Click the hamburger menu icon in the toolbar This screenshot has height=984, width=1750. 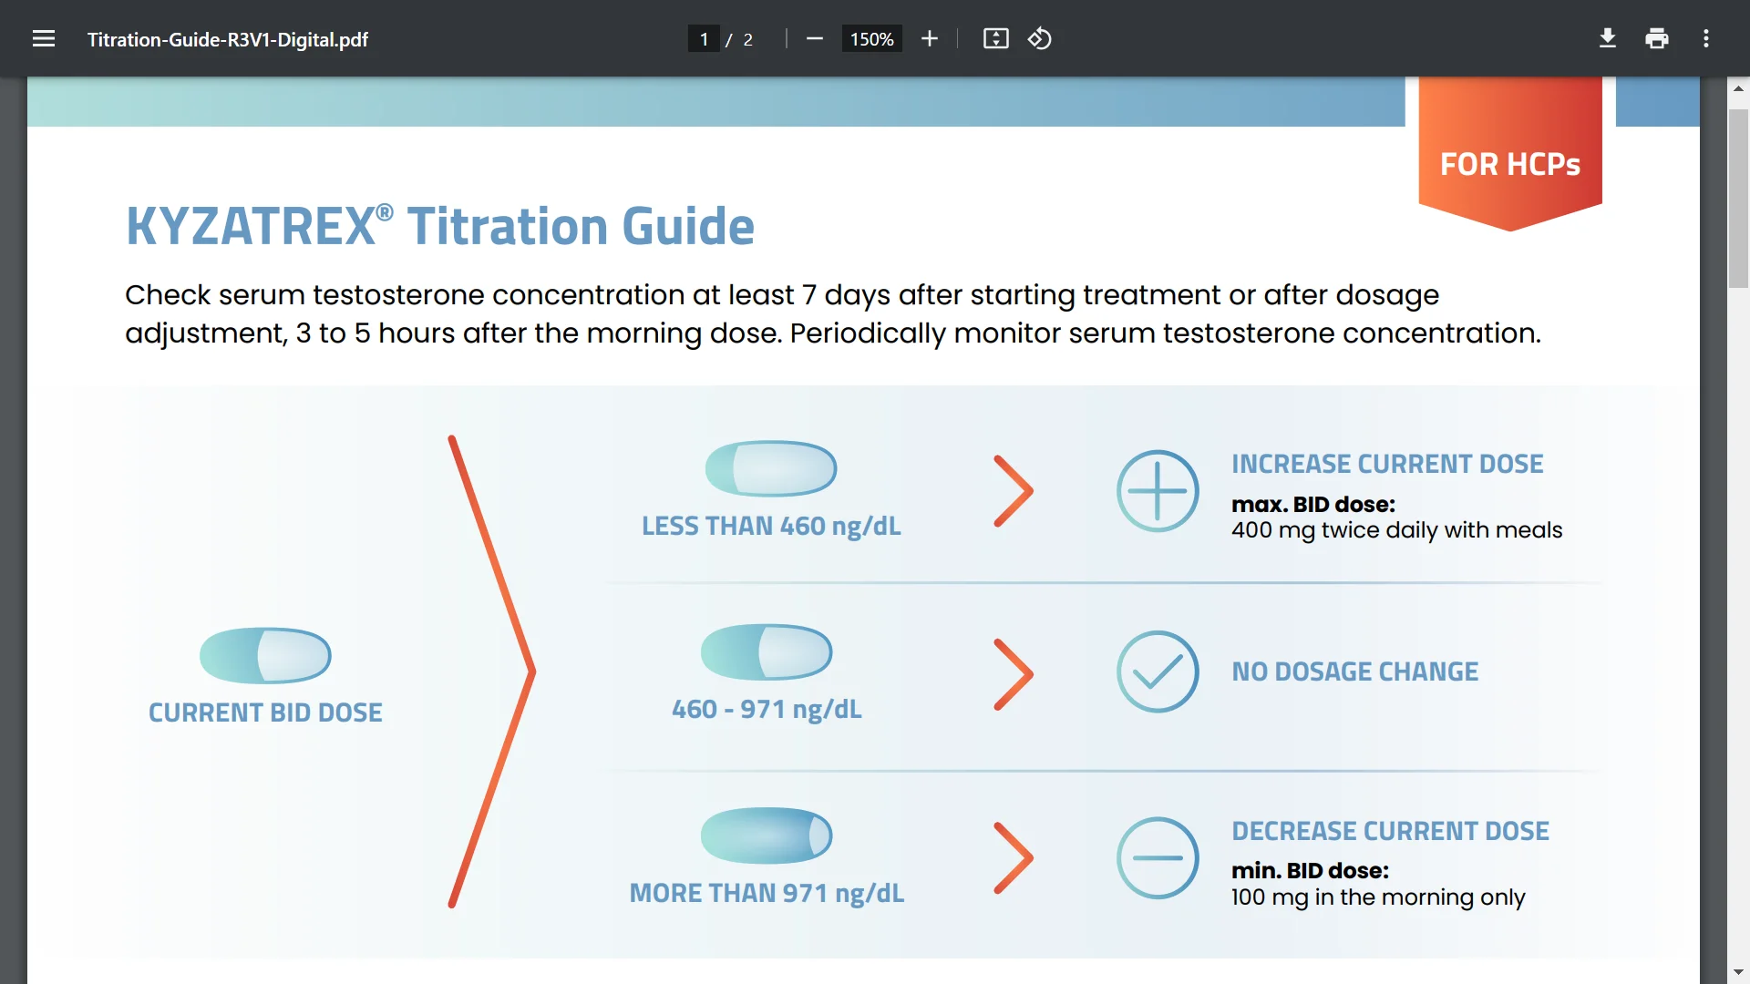(44, 39)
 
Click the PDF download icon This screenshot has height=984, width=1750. (1608, 38)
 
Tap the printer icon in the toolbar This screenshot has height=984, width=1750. (1657, 38)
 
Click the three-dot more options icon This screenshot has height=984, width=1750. (1706, 38)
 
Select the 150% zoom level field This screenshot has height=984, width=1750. (871, 39)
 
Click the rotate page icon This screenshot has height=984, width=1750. (1040, 38)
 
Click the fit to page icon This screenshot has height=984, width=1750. (996, 38)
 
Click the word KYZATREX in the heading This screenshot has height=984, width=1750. (251, 226)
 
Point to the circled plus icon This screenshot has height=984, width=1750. (1158, 491)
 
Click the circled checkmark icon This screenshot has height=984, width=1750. (1158, 671)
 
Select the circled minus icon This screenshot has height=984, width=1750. (1158, 857)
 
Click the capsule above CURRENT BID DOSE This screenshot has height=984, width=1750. (265, 655)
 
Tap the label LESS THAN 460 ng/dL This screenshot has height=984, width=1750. (771, 527)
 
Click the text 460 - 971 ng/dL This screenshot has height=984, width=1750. (767, 709)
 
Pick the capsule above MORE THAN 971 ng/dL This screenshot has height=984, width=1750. (767, 835)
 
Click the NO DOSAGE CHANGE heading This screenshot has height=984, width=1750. (1355, 671)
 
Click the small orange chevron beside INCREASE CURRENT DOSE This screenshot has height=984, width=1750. (1014, 491)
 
